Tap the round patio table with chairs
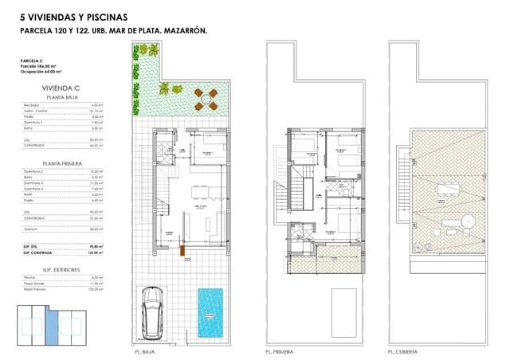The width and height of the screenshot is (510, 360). point(206,100)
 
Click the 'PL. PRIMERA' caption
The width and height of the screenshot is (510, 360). point(277,351)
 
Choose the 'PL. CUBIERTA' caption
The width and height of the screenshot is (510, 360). point(403,351)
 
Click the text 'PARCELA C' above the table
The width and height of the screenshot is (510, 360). point(31,61)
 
